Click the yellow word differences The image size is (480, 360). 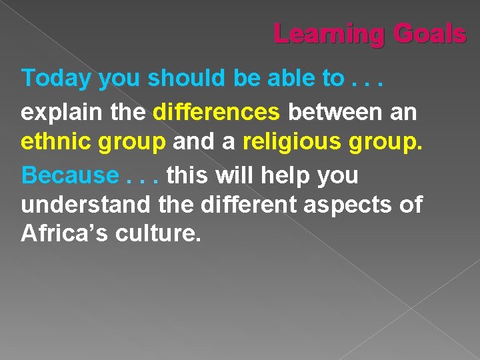(217, 111)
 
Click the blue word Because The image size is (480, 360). (69, 175)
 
